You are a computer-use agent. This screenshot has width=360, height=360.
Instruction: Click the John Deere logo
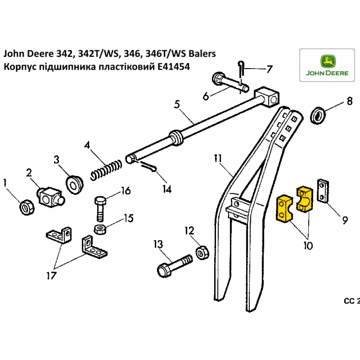click(327, 66)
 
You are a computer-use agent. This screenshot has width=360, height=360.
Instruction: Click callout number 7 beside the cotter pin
click(269, 68)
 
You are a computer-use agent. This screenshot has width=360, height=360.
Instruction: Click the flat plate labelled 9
click(323, 191)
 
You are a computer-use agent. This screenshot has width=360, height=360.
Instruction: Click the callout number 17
click(51, 276)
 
